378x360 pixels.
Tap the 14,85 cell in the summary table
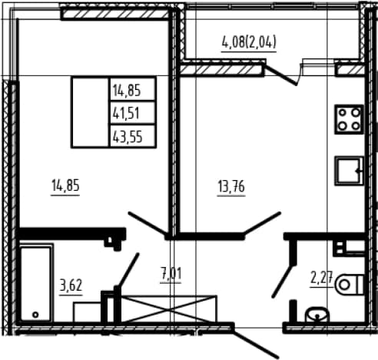pos(133,89)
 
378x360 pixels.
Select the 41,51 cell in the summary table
pos(133,113)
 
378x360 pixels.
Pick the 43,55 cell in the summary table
pos(133,136)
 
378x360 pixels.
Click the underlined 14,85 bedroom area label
pos(65,186)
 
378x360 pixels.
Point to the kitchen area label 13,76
pos(231,187)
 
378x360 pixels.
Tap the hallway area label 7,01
pos(171,274)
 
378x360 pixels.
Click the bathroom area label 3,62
pos(71,285)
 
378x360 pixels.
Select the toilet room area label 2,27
pos(321,278)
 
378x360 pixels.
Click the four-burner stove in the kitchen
pos(349,119)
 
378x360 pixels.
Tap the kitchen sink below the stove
pos(349,171)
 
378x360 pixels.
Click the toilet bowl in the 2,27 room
pos(350,285)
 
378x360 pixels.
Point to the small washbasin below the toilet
pos(317,315)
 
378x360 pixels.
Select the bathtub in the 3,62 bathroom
pos(36,283)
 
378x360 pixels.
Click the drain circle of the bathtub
pos(35,315)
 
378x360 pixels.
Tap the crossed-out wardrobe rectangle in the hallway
pos(168,308)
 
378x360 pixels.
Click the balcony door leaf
pos(280,75)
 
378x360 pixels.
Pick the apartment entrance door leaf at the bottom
pos(255,342)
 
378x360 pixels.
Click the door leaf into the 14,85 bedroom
pos(148,223)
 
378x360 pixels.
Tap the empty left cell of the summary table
pos(91,112)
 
